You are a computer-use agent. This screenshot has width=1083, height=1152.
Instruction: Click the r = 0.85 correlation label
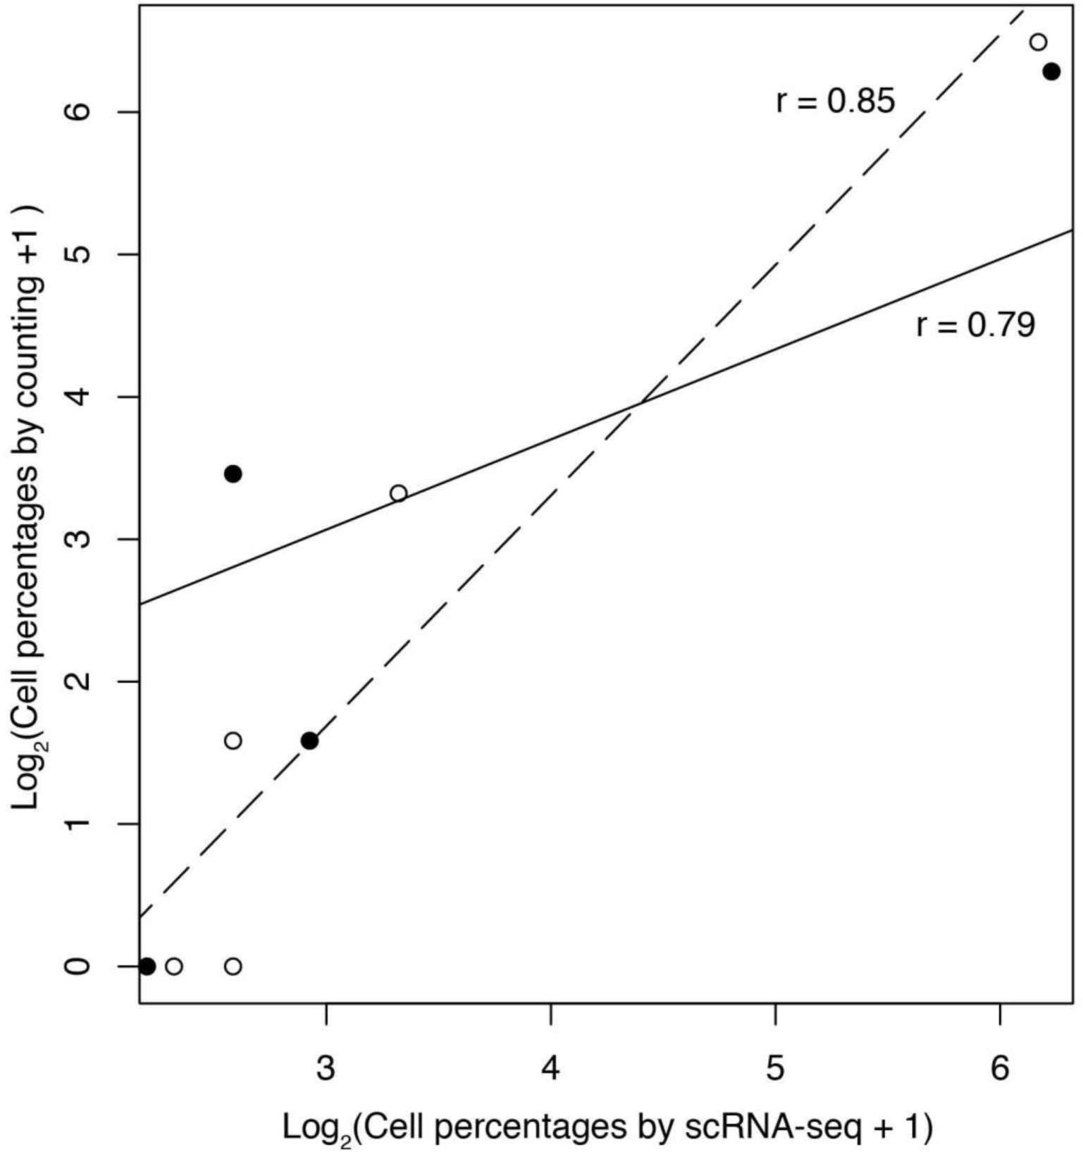tap(835, 101)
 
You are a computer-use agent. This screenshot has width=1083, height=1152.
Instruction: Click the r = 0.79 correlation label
tap(975, 325)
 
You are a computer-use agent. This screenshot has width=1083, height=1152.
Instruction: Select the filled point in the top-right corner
tap(1051, 71)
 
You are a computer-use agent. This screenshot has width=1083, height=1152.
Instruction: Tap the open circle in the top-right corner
tap(1038, 42)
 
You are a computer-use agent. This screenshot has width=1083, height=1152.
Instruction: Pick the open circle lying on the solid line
tap(399, 493)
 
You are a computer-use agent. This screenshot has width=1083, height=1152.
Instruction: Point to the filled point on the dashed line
tap(309, 741)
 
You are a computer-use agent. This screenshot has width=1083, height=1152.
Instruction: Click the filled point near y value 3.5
tap(233, 474)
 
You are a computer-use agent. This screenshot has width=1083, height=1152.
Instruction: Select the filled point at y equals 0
tap(147, 966)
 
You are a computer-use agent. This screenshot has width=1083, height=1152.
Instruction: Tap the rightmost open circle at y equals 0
tap(233, 966)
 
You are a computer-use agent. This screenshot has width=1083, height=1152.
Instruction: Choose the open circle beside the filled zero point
tap(174, 966)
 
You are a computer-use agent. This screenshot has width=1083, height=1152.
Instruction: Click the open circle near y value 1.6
tap(233, 741)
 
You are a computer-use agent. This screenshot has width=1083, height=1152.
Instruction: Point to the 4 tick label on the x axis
tap(550, 1069)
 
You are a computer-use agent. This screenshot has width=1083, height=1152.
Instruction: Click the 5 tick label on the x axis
tap(775, 1069)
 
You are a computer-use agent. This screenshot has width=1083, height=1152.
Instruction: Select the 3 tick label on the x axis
tap(326, 1069)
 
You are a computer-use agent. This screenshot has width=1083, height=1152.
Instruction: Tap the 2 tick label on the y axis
tap(80, 681)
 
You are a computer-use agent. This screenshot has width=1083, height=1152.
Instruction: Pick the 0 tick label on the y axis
tap(80, 965)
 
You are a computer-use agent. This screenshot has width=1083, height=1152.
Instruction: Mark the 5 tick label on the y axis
tap(80, 254)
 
